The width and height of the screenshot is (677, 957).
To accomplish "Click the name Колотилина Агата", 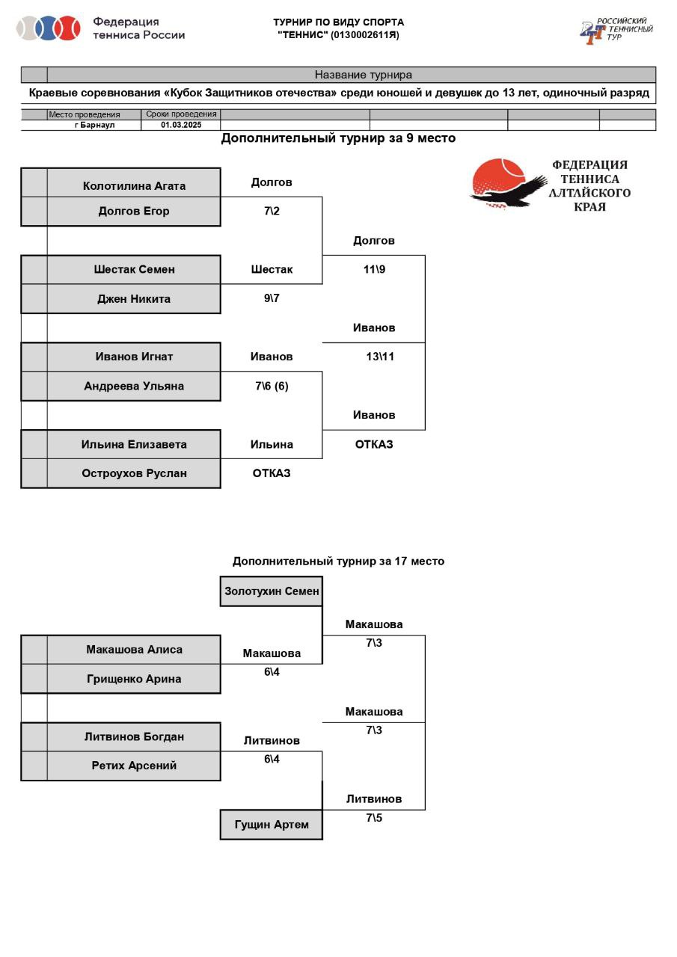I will pos(134,186).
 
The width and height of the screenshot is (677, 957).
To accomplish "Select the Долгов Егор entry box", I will pos(134,212).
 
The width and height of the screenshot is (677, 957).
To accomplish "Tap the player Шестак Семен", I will pos(134,270).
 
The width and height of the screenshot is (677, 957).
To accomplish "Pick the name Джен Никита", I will pos(134,299).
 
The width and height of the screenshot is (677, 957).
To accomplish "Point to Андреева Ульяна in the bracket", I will pos(134,387).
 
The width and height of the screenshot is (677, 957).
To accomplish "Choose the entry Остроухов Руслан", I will pos(134,473).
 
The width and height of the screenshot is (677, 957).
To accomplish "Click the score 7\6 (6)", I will pos(272,387).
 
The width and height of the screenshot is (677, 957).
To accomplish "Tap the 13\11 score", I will pos(380,357).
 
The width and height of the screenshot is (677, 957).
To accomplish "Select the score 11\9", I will pos(374,270).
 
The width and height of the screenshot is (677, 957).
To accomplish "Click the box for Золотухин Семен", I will pos(272,591).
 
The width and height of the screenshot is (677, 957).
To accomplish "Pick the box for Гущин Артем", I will pos(272,825).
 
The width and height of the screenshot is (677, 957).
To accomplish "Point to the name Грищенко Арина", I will pos(134,679).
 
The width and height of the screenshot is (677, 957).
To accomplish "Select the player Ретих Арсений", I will pos(134,766).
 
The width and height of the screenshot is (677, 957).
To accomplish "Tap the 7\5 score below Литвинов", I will pos(374,818).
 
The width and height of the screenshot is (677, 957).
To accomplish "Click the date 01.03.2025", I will pos(181,126).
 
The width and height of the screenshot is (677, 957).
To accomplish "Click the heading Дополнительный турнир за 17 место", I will pos(338,561).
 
